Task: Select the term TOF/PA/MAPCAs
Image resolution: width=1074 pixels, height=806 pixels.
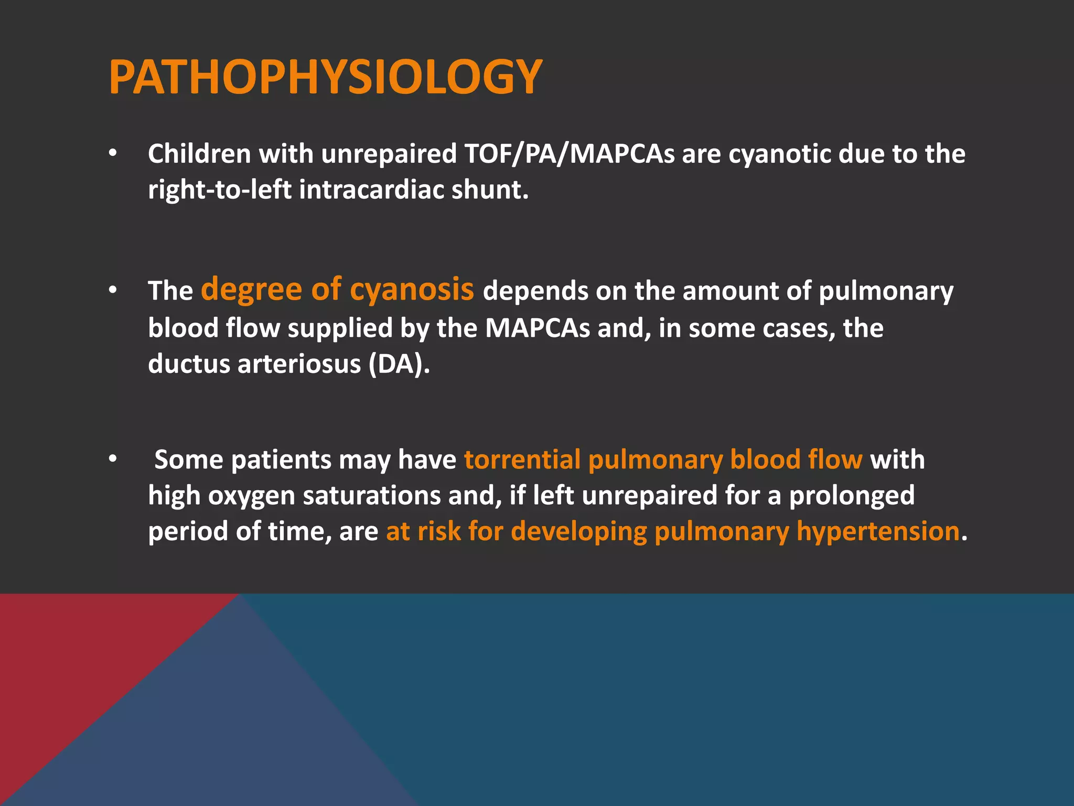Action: (570, 154)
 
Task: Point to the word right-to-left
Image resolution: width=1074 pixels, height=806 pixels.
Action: (219, 189)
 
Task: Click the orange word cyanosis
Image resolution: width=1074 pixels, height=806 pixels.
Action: (412, 290)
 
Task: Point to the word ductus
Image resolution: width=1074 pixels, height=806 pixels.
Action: (188, 364)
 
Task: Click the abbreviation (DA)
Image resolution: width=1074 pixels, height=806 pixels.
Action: (399, 364)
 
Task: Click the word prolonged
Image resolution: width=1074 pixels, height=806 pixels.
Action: (852, 495)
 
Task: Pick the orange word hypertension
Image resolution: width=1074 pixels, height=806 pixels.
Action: (878, 531)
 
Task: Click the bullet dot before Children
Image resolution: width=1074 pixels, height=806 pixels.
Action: (112, 154)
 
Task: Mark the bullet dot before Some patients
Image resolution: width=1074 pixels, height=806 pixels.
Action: (112, 459)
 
